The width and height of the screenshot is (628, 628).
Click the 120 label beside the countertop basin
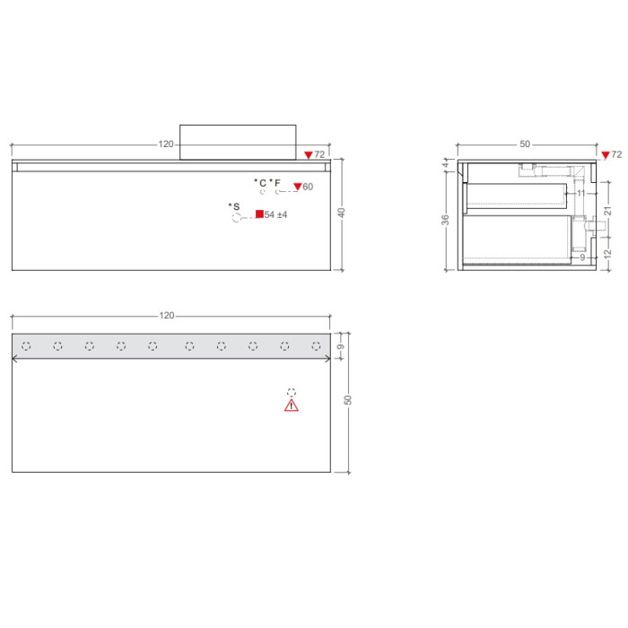click(166, 144)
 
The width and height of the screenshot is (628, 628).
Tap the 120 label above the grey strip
click(167, 316)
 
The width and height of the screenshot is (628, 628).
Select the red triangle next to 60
click(298, 187)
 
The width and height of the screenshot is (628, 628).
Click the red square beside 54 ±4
click(259, 214)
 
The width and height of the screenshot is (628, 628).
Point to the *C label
click(260, 183)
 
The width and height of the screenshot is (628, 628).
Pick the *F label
click(275, 183)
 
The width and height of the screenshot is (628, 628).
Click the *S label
click(234, 206)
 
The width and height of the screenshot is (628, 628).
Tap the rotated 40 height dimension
click(341, 213)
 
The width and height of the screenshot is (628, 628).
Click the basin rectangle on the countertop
click(238, 142)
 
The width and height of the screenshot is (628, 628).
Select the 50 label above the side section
click(525, 144)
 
